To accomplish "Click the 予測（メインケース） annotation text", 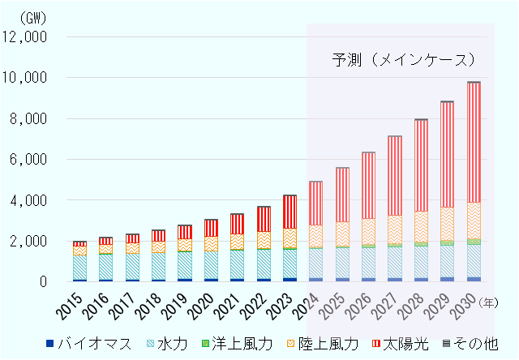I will coord(402,60).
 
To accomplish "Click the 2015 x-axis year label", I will coord(73,304).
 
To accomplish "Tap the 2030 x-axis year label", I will coord(467,304).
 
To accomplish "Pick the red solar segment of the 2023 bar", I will coord(290,212).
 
